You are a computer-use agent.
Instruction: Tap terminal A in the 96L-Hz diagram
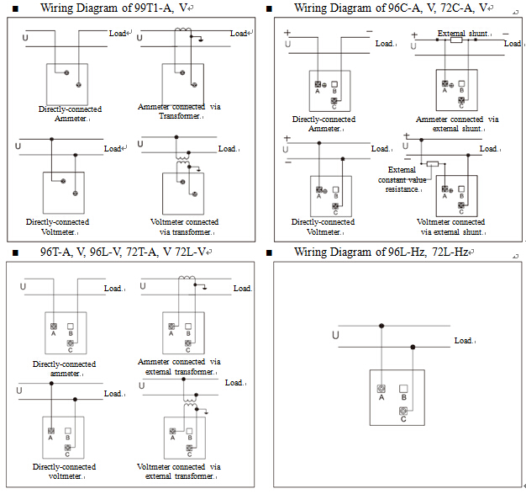click(381, 389)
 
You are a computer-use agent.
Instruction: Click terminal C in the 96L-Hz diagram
click(403, 412)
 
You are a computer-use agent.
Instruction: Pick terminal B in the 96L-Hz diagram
click(403, 389)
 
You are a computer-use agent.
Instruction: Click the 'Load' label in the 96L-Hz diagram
click(464, 341)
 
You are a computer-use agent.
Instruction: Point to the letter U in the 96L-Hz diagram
click(337, 336)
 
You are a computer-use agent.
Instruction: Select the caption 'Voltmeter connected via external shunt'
click(451, 226)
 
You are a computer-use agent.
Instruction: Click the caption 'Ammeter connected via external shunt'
click(457, 124)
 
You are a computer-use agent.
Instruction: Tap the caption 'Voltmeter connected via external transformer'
click(180, 471)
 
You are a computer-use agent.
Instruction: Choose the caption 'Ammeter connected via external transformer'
click(180, 367)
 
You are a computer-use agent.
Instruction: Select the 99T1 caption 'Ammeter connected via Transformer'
click(180, 111)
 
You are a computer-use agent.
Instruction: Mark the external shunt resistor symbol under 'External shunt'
click(456, 40)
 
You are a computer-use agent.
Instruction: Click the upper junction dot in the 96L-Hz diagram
click(381, 324)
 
